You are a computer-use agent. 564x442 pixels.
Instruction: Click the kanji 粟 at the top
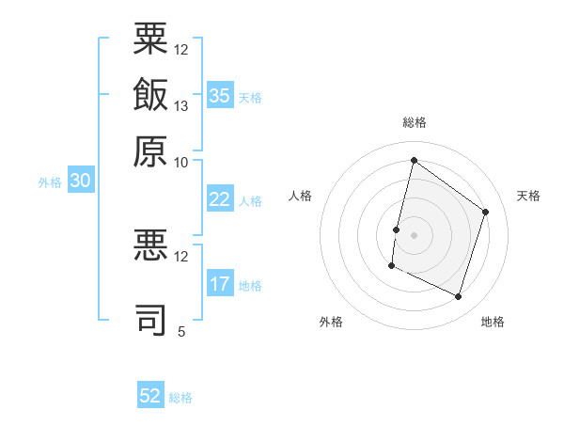(150, 39)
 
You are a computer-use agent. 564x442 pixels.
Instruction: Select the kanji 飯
(150, 94)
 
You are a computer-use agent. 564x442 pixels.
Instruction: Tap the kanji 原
(150, 151)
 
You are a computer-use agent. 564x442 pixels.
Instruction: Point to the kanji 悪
(150, 245)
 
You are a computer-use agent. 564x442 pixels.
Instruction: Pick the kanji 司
(150, 319)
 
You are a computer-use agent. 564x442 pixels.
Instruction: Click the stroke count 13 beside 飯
(180, 106)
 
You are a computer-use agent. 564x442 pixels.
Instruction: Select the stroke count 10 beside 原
(180, 163)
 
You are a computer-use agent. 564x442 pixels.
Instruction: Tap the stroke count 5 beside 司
(181, 331)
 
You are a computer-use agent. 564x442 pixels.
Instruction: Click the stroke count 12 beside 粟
(180, 50)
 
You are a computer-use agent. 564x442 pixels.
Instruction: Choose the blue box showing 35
(221, 95)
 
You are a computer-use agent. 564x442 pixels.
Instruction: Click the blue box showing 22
(221, 198)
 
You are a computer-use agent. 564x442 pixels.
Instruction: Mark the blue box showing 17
(221, 282)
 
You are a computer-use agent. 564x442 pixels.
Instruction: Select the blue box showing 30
(81, 180)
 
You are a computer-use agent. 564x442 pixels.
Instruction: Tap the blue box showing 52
(150, 394)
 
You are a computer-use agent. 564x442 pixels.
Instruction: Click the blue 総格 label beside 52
(180, 398)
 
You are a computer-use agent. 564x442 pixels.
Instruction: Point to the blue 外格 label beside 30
(50, 182)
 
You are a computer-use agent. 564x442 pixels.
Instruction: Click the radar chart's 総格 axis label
(415, 122)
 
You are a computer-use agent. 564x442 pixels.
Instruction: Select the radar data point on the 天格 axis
(485, 212)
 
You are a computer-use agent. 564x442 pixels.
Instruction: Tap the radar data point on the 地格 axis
(458, 296)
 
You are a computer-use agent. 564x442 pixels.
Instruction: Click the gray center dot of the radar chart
(414, 235)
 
